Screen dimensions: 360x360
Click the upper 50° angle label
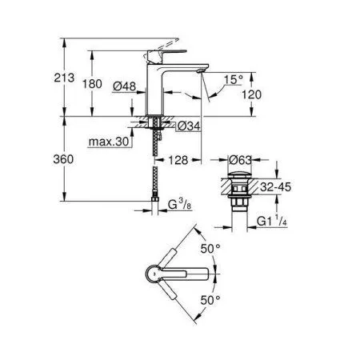[x=210, y=249]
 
